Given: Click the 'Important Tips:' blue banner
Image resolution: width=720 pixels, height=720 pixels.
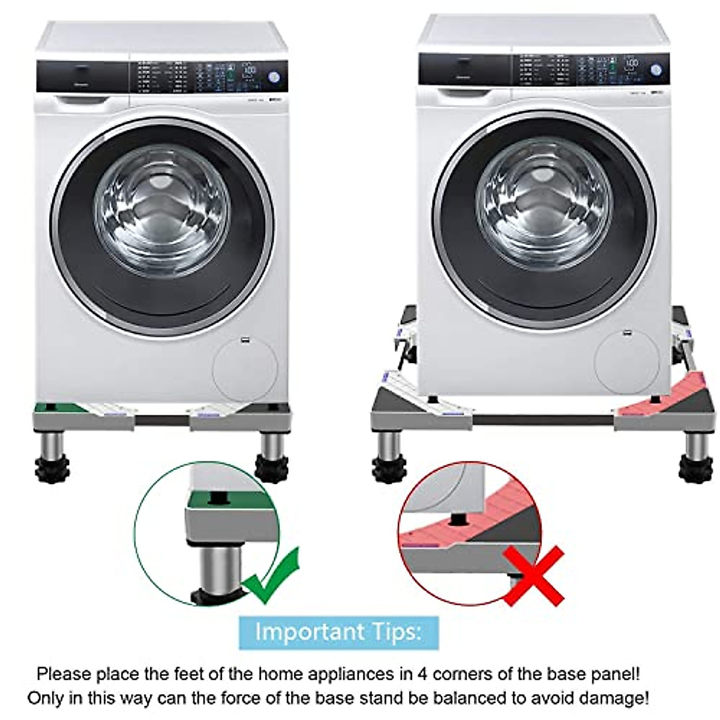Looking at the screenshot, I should pos(338,632).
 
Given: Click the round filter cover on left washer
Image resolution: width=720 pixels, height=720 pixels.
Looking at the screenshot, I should pos(245,368).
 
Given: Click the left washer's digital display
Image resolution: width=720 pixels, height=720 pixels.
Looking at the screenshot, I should pos(250,70).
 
